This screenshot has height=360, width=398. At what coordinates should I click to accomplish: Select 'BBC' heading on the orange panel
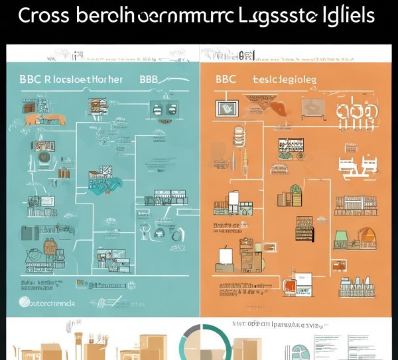pos(226,78)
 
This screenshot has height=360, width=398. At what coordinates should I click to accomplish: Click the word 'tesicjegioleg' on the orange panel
pos(284,78)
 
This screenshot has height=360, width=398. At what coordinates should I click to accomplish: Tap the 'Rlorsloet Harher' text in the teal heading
pos(80,78)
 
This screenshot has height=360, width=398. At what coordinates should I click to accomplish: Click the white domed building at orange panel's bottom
pos(358,286)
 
